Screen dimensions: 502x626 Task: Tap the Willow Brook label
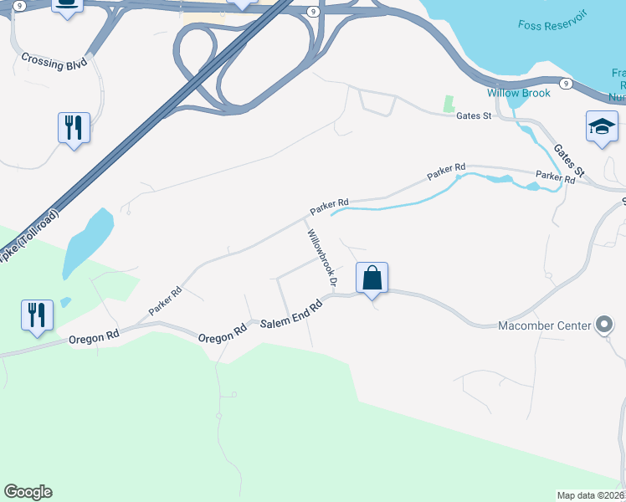(519, 93)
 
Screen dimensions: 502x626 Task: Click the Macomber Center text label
(544, 325)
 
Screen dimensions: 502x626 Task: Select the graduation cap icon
(601, 126)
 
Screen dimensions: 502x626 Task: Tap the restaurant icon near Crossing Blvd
(74, 128)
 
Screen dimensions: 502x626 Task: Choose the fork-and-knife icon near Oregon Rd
(37, 315)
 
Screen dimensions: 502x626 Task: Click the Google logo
(28, 492)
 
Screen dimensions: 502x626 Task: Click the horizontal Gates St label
(473, 116)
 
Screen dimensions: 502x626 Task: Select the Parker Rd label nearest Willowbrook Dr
(329, 203)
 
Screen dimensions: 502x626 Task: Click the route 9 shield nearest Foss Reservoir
(566, 83)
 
